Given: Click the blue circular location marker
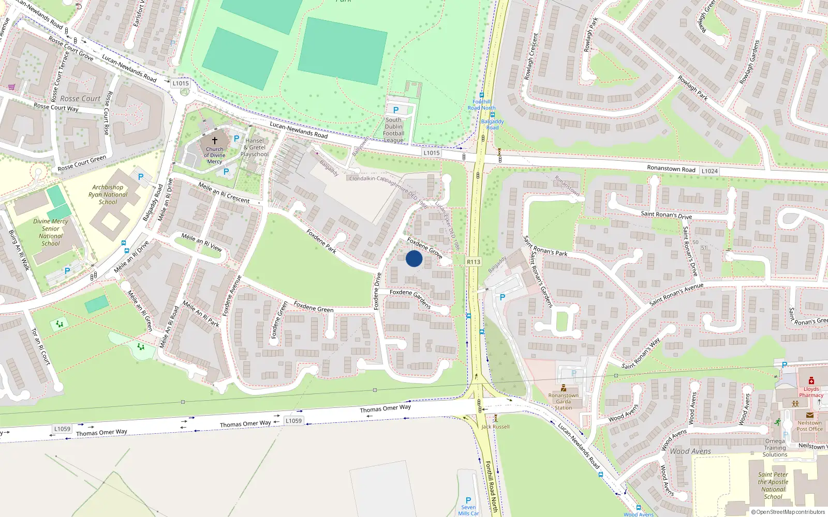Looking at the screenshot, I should (x=414, y=258).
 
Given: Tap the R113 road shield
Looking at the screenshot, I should (x=474, y=262).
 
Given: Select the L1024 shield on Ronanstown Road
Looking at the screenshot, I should (x=709, y=171).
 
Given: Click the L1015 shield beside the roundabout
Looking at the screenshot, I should (x=181, y=83).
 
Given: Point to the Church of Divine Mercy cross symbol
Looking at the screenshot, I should (x=215, y=140).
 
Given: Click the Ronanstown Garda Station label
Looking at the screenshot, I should (x=564, y=401).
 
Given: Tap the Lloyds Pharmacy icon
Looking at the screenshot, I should (x=811, y=381).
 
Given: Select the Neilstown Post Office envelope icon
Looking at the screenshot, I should (x=810, y=415).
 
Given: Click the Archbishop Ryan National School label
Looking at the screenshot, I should (x=108, y=195).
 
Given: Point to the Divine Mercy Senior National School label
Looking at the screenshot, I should (x=51, y=233).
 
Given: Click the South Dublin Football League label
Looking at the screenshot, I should (x=394, y=130).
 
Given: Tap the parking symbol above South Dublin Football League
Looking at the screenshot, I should (x=396, y=110).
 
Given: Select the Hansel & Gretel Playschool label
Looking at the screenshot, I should (x=255, y=147).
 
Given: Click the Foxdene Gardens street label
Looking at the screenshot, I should (x=410, y=298).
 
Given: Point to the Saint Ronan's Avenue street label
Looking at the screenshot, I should (x=676, y=294).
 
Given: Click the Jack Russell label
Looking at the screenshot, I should (x=495, y=427).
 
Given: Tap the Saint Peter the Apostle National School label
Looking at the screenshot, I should (x=773, y=485).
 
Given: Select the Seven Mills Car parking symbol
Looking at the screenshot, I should (x=468, y=500).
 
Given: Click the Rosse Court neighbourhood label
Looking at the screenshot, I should (x=80, y=98).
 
